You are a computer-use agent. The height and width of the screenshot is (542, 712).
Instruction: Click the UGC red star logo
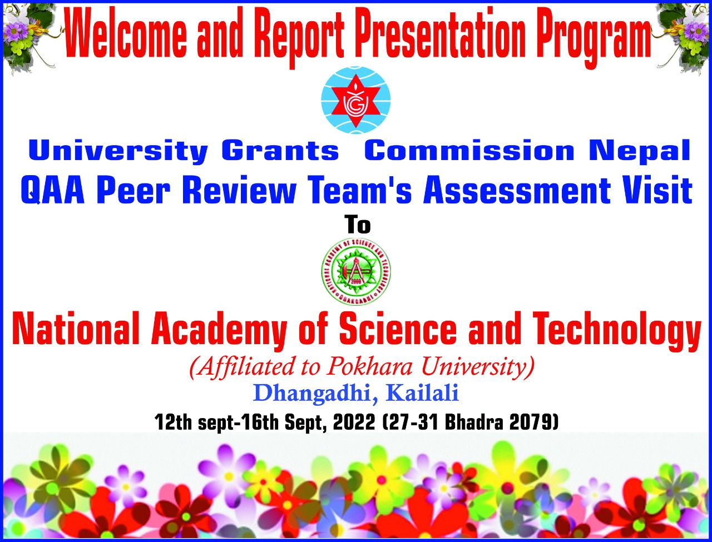point(356,101)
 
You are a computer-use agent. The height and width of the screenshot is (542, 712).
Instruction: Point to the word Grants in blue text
point(280,151)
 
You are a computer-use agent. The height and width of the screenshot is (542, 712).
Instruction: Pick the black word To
point(357,225)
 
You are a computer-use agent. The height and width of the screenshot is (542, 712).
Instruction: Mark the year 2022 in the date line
point(353,423)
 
